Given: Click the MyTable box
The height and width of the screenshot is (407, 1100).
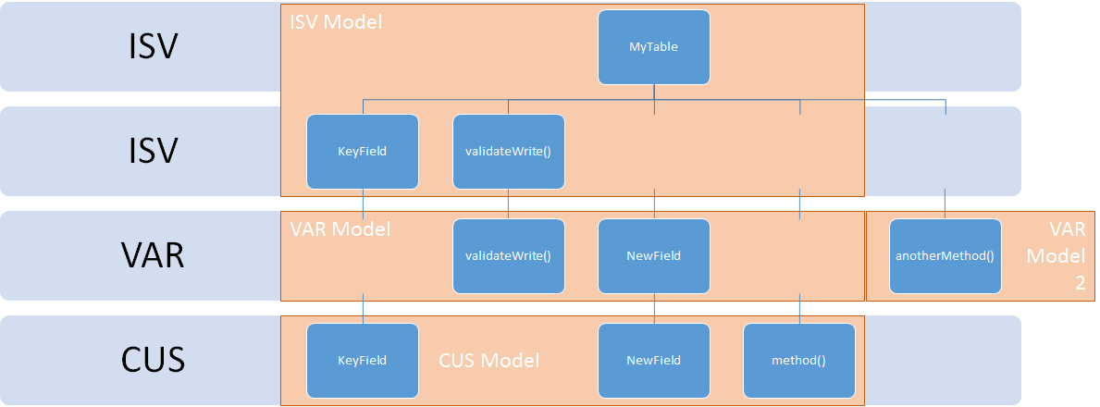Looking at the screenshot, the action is click(x=654, y=47).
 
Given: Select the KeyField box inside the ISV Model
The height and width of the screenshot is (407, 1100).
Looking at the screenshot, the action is click(x=363, y=152).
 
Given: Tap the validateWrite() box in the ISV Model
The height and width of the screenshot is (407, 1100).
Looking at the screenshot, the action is click(x=509, y=152).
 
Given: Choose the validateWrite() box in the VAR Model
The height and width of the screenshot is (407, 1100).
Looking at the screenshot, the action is click(x=509, y=256).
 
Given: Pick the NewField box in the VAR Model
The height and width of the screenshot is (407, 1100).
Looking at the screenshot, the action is click(x=654, y=256).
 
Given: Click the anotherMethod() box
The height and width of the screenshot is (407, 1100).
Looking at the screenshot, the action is click(x=945, y=256).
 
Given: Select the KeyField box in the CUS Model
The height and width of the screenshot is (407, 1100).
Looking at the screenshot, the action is click(x=363, y=361).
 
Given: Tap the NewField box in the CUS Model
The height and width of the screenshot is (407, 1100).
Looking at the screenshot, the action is click(x=654, y=361).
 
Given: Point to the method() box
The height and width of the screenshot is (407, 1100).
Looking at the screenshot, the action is click(x=799, y=361).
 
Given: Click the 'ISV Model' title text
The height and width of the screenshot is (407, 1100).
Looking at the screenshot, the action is click(x=336, y=22).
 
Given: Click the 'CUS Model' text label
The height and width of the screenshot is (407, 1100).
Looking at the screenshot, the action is click(x=489, y=361).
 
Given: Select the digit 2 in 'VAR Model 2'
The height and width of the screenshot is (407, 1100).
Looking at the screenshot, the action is click(x=1081, y=283).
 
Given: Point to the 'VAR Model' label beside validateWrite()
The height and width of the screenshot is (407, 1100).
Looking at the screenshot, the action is click(x=340, y=228).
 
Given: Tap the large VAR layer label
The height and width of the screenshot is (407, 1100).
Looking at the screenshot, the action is click(x=153, y=256).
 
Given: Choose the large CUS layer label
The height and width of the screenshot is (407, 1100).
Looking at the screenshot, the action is click(x=153, y=360).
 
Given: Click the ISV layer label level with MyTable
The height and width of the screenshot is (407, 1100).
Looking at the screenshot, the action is click(x=154, y=47).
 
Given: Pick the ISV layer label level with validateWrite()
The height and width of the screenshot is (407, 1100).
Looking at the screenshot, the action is click(x=154, y=151).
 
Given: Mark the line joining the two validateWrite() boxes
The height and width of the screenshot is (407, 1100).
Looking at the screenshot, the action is click(x=509, y=204).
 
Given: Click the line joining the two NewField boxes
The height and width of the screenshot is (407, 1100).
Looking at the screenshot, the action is click(x=654, y=309).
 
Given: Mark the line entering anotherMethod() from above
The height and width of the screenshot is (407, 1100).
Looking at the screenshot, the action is click(x=945, y=204).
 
